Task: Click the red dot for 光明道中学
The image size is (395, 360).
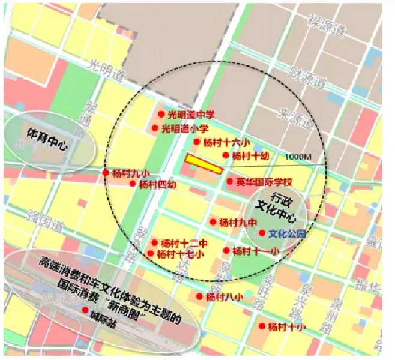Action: (x=161, y=114)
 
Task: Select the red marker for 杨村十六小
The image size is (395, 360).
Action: (x=196, y=142)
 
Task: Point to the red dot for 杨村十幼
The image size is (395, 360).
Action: (x=226, y=155)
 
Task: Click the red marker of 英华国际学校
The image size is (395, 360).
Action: (x=229, y=181)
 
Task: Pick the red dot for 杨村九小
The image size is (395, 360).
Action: (x=106, y=173)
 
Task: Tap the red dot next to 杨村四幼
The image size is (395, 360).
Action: (x=133, y=184)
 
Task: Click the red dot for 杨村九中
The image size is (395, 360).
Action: (x=213, y=222)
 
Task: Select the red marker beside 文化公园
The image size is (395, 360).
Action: (x=262, y=233)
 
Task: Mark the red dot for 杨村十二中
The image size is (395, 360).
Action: (x=155, y=243)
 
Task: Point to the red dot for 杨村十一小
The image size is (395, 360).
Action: (x=226, y=250)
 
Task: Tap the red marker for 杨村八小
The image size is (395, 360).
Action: (x=199, y=296)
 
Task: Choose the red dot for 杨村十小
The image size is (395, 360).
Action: (x=262, y=326)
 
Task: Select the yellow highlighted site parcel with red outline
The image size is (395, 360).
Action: (x=204, y=163)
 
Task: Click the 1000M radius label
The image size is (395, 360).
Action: (x=299, y=157)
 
